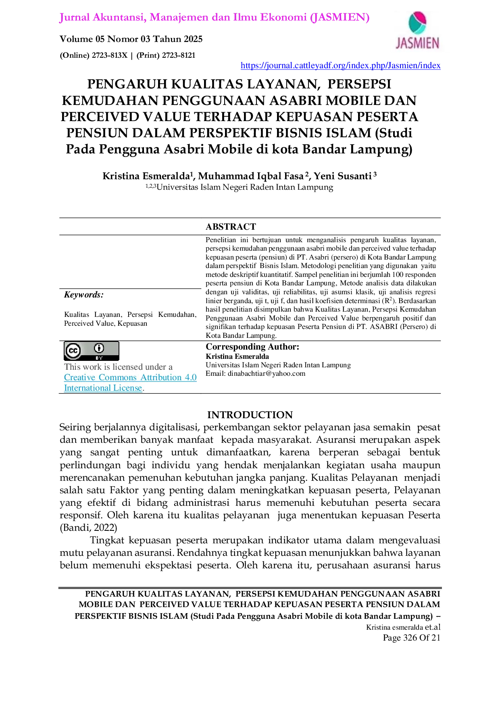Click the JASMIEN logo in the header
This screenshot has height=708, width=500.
pyautogui.click(x=417, y=31)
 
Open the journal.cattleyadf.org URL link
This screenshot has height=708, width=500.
pyautogui.click(x=340, y=65)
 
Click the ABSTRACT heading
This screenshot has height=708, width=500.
pyautogui.click(x=231, y=227)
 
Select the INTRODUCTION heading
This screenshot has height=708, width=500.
pyautogui.click(x=250, y=415)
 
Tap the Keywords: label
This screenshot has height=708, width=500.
pyautogui.click(x=84, y=295)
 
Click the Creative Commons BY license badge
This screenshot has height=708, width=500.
pyautogui.click(x=92, y=351)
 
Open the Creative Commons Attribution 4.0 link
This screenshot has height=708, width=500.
pyautogui.click(x=130, y=377)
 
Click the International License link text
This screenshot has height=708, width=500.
pyautogui.click(x=103, y=388)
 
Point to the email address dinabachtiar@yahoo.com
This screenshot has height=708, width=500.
pyautogui.click(x=267, y=374)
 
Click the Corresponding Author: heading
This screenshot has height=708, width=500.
pyautogui.click(x=252, y=347)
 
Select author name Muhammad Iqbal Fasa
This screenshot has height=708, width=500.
pyautogui.click(x=251, y=176)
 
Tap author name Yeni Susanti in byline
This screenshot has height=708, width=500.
pyautogui.click(x=343, y=176)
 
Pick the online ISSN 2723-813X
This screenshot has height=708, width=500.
pyautogui.click(x=109, y=55)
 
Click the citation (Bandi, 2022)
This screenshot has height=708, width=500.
pyautogui.click(x=88, y=528)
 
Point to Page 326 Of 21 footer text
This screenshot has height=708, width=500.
pyautogui.click(x=412, y=638)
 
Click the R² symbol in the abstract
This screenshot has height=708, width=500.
pyautogui.click(x=389, y=300)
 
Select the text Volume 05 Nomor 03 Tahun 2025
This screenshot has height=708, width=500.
pyautogui.click(x=131, y=39)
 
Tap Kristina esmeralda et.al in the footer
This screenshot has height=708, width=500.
pyautogui.click(x=403, y=627)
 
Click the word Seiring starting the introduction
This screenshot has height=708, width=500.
pyautogui.click(x=75, y=427)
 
